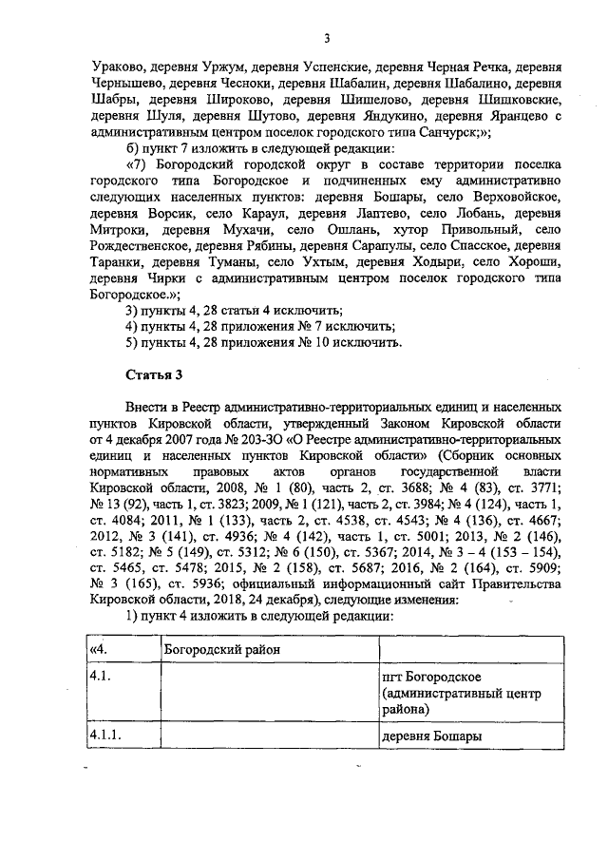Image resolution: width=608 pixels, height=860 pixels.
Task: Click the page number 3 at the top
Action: point(326,39)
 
